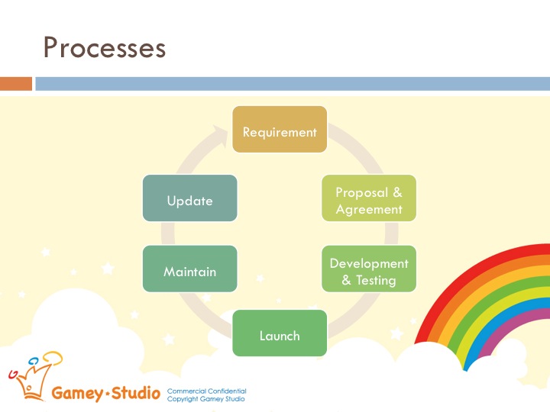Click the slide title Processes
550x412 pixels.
click(104, 47)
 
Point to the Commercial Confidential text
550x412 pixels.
click(206, 391)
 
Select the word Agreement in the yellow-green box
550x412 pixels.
click(369, 209)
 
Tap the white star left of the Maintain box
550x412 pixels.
click(108, 268)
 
